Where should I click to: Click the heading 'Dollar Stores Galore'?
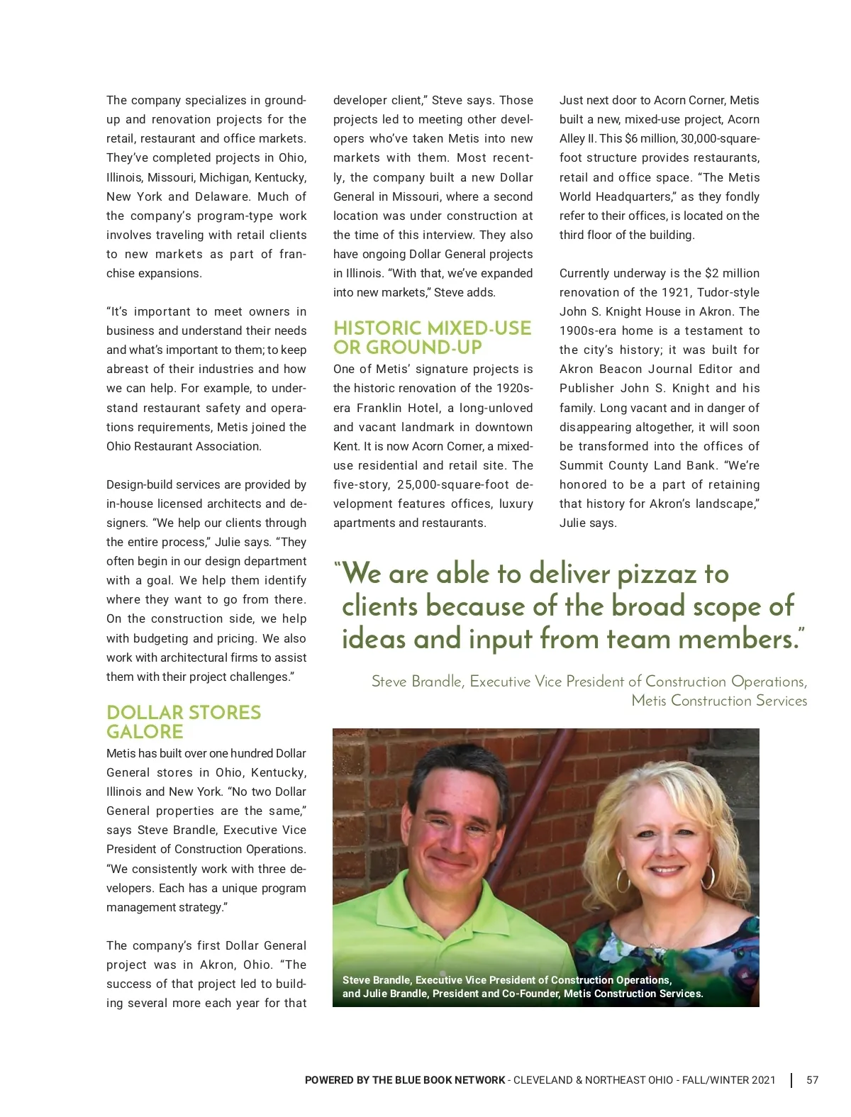click(x=184, y=722)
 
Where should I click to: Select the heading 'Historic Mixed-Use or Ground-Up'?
click(x=432, y=338)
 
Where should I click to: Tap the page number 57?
click(x=812, y=1080)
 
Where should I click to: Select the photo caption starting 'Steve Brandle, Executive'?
click(x=522, y=987)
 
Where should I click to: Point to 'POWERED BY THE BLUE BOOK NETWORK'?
click(x=405, y=1080)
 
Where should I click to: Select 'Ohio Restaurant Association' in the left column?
click(x=184, y=447)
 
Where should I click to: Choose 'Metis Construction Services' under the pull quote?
click(x=719, y=701)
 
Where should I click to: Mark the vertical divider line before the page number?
click(x=791, y=1080)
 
